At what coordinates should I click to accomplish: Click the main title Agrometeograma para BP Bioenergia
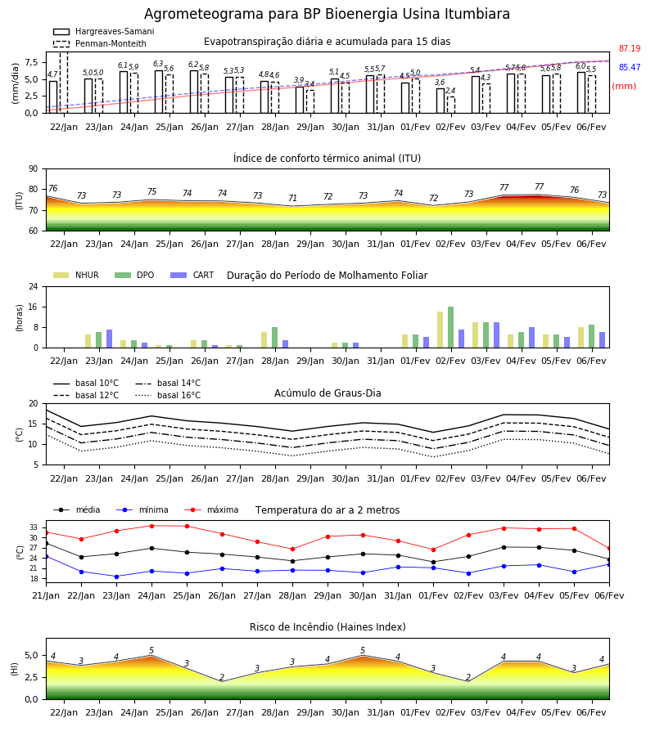pos(327,14)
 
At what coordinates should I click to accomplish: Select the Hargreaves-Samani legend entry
pos(104,31)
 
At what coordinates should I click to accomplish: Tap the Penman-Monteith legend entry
pos(100,43)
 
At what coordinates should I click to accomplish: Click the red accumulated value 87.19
pos(630,48)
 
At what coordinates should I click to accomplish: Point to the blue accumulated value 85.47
pos(630,67)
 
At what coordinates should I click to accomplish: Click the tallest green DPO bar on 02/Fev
pos(450,327)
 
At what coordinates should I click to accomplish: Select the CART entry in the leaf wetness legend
pos(192,275)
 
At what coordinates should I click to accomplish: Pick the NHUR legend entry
pos(76,275)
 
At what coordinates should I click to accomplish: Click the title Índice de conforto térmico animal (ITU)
pos(327,158)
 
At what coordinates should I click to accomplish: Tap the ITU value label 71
pos(293,198)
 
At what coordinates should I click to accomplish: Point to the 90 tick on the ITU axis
pos(33,169)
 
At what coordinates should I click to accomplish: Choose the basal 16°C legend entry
pos(168,395)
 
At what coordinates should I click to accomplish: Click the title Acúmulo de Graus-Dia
pos(327,393)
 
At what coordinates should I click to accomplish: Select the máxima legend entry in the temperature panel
pos(211,509)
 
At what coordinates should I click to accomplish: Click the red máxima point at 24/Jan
pos(151,526)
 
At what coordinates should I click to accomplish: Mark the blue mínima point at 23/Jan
pos(116,577)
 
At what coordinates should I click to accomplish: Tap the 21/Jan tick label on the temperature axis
pos(46,595)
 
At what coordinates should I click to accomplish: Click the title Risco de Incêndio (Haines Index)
pos(327,627)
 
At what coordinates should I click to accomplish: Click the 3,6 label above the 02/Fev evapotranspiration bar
pos(440,83)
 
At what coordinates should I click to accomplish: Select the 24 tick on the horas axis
pos(33,286)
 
